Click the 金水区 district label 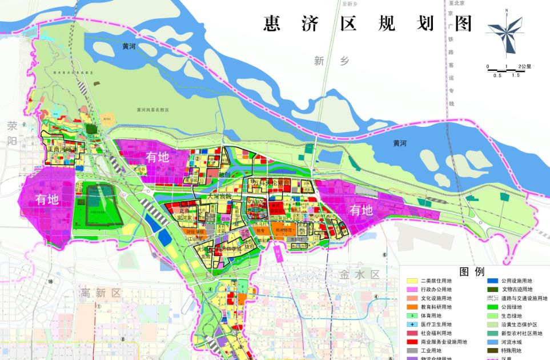pos(359,274)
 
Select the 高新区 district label pos(101,293)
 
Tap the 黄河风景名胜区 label pos(154,110)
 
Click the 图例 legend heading pos(472,271)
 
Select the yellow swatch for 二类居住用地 pos(412,281)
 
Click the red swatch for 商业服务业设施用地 pos(412,342)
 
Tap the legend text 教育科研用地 pos(436,307)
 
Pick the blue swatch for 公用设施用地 pos(492,281)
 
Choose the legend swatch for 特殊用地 pos(492,350)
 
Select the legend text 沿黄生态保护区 pos(519,325)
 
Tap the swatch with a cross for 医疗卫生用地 pos(412,325)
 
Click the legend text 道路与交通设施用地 pos(524,298)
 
